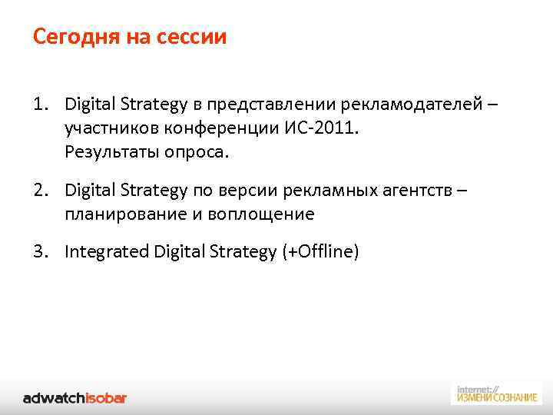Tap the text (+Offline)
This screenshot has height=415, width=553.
(x=317, y=251)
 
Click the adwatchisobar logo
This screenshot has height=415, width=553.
(x=75, y=397)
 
